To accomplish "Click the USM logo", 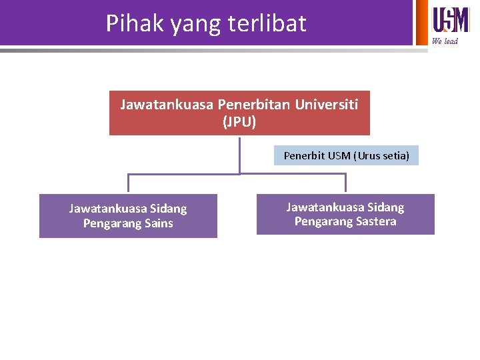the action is click(x=451, y=19).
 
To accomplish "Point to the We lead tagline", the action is click(x=445, y=41).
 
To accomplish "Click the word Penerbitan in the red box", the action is click(x=253, y=105).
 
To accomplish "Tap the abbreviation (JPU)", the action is click(x=239, y=123).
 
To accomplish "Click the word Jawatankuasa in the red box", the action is click(x=167, y=105).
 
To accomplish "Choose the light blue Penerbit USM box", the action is click(x=346, y=155).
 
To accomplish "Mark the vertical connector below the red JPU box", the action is click(x=239, y=154).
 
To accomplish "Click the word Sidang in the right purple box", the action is click(x=385, y=207).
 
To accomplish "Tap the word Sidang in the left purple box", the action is click(x=169, y=209).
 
